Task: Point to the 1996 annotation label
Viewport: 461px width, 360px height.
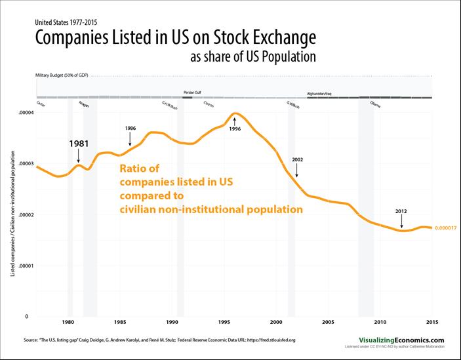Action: [x=234, y=129]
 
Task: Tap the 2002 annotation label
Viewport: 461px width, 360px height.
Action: [x=296, y=159]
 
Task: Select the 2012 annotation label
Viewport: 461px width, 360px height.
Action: [x=402, y=211]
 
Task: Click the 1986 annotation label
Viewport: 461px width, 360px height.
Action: [x=130, y=127]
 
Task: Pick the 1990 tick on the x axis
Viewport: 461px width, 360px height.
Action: [x=172, y=322]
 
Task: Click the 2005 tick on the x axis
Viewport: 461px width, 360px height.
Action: [x=329, y=322]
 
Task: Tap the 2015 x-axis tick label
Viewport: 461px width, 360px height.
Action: [x=432, y=322]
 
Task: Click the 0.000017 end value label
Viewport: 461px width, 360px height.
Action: [x=446, y=228]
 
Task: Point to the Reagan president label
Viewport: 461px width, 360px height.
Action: [x=84, y=104]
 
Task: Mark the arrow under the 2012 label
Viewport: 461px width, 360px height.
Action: [x=402, y=222]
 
